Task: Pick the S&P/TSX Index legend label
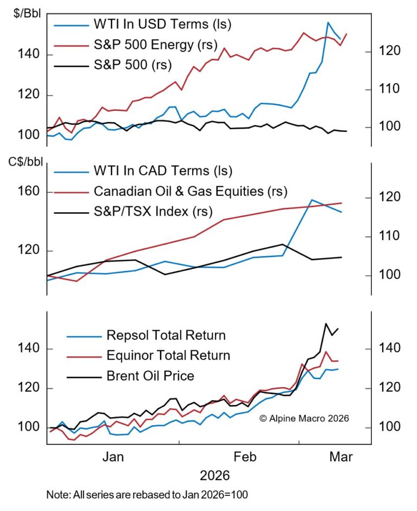(x=153, y=211)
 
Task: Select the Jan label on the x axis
(x=113, y=457)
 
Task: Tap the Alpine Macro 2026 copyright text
(x=304, y=418)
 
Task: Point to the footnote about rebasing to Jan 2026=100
(x=147, y=495)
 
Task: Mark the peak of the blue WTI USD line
(x=328, y=23)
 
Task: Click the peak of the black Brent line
(x=326, y=324)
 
